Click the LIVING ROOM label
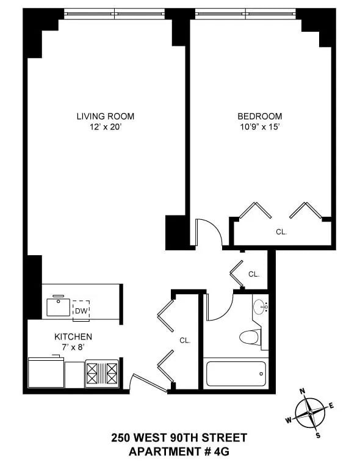tap(105, 116)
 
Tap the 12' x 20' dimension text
tap(105, 127)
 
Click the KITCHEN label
tap(73, 336)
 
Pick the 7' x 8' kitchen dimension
tap(73, 347)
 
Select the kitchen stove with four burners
tap(101, 372)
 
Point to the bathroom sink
tap(260, 306)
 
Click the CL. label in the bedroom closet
tap(281, 232)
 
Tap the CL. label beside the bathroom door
tap(254, 274)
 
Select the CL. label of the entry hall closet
tap(185, 341)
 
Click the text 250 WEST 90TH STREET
tap(179, 438)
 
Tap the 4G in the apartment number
tap(221, 451)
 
